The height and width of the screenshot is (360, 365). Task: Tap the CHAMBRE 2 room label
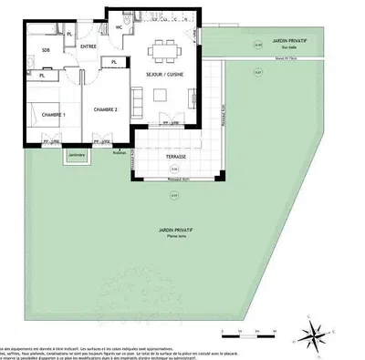click(x=108, y=110)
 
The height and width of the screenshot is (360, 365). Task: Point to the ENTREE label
click(x=89, y=46)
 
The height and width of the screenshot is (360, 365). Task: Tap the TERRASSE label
click(x=176, y=156)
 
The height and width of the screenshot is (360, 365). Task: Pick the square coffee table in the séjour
click(x=164, y=94)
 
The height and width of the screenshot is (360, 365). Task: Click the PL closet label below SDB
click(x=42, y=76)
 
